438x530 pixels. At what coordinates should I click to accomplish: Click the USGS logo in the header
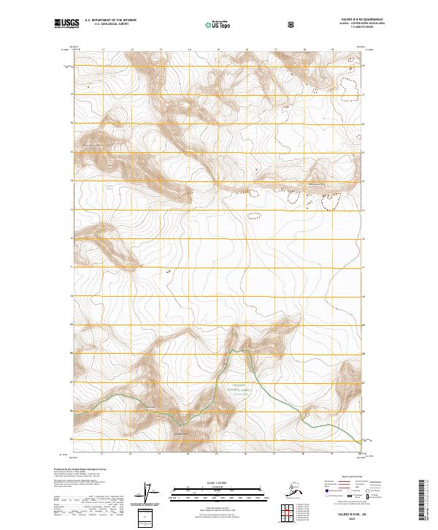click(x=66, y=24)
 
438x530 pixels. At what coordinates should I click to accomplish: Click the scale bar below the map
click(x=218, y=494)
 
